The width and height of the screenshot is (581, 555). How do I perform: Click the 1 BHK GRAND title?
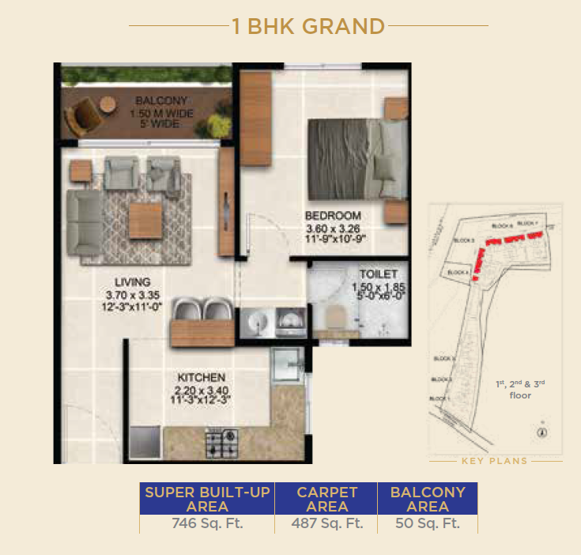point(308,26)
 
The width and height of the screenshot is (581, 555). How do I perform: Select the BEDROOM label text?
point(334,215)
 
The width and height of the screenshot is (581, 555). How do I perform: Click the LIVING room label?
point(131,281)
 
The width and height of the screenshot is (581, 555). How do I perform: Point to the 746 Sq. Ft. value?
point(207,523)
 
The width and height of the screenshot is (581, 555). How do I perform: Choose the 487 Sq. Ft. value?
point(326,523)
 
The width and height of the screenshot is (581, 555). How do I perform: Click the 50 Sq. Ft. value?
point(428,523)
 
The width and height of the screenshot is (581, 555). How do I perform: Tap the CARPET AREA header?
point(326,499)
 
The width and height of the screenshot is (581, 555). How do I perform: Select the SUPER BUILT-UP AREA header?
point(207,499)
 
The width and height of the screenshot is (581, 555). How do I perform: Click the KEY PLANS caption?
point(496,460)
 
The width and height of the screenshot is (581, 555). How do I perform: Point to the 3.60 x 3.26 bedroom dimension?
point(334,229)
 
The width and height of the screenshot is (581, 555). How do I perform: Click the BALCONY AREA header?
point(428,499)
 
